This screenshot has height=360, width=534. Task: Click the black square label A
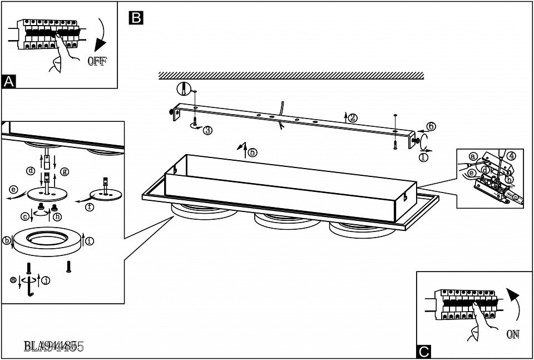(8, 81)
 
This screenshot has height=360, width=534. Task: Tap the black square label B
(135, 18)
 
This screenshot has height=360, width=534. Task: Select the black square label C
(424, 352)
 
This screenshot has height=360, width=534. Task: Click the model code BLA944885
(53, 346)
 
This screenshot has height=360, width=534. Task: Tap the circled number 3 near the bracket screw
(207, 130)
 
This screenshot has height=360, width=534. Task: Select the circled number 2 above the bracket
(353, 117)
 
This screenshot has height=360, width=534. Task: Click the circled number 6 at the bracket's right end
(431, 126)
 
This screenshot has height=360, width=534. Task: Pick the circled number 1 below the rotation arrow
(423, 157)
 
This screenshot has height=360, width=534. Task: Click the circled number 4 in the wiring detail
(512, 156)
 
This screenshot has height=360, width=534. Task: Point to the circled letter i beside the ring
(90, 241)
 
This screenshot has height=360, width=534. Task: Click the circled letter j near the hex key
(46, 280)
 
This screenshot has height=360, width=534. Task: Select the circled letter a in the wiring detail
(473, 156)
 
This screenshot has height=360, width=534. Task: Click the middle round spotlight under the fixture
(282, 218)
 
